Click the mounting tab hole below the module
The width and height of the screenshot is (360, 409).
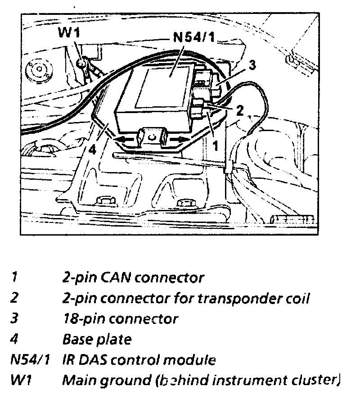pos(152,133)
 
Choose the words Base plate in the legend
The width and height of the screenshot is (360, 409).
pos(96,339)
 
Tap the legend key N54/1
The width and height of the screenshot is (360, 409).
pos(29,360)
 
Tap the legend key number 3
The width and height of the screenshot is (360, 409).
pos(14,318)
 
